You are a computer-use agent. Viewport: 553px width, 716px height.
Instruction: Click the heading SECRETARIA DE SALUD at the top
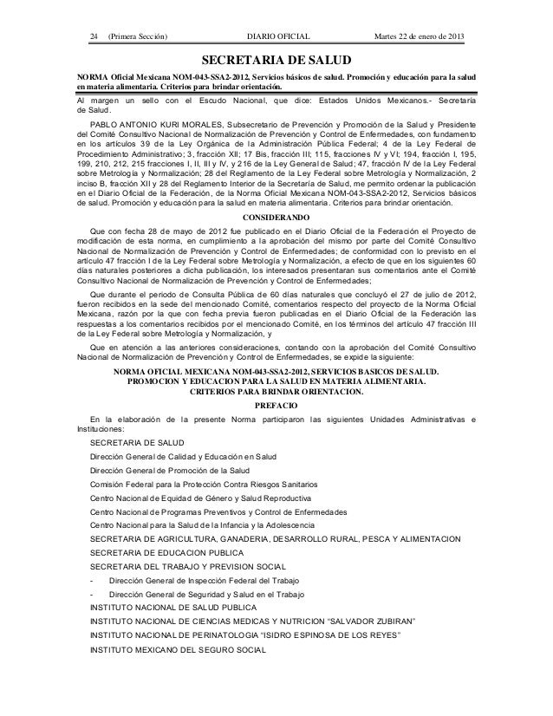click(x=276, y=61)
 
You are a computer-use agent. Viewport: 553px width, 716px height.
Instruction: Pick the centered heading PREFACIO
click(x=276, y=405)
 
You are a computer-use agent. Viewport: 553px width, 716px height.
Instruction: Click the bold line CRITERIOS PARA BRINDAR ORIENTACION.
click(x=276, y=390)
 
